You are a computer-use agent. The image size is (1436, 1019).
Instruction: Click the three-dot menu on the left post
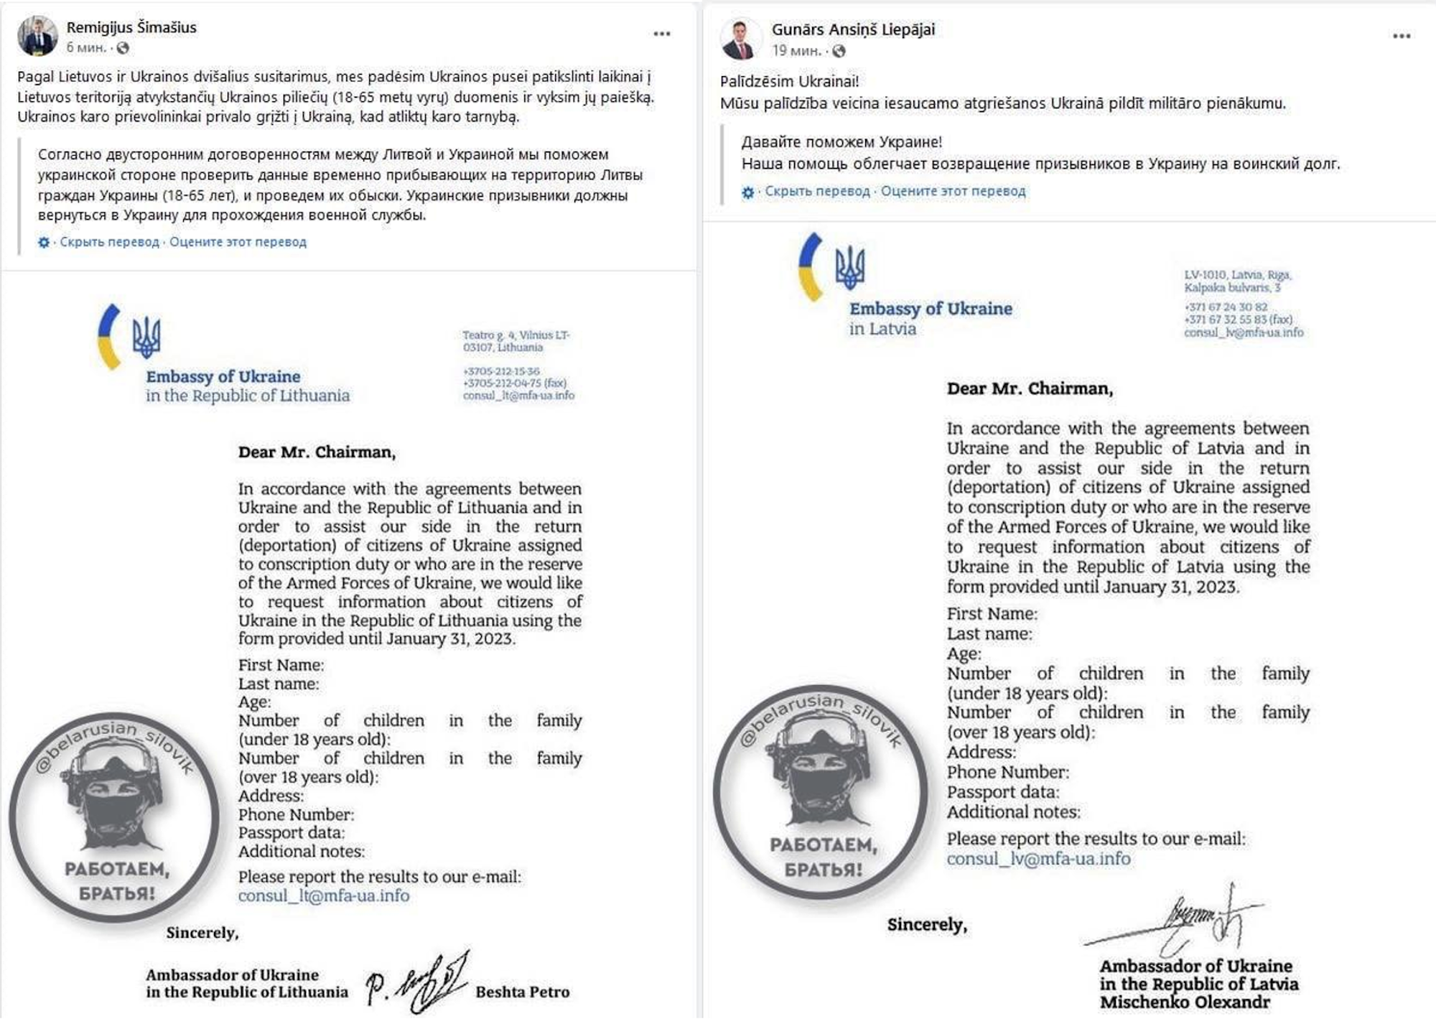(661, 34)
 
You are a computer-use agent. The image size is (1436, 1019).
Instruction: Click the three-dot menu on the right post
(1402, 36)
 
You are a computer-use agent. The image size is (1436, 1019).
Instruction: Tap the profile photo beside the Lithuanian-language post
(37, 36)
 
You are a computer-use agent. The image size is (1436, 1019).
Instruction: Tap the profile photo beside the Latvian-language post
(741, 39)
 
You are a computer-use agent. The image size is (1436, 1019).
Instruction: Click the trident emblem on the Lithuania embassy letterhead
(146, 337)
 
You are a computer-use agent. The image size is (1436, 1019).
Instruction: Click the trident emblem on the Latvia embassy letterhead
(850, 267)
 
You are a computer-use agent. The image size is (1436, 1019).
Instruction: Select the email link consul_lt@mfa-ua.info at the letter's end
(324, 895)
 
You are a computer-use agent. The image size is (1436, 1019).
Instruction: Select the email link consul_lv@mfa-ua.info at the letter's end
(1038, 859)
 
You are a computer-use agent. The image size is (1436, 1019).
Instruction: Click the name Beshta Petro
(522, 992)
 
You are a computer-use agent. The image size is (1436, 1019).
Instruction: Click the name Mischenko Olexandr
(1185, 1002)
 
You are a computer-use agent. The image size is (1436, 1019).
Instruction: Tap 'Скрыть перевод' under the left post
(109, 242)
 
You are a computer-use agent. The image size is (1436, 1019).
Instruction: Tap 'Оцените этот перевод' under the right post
(953, 191)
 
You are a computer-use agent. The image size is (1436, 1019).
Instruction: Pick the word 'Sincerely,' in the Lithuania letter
(202, 933)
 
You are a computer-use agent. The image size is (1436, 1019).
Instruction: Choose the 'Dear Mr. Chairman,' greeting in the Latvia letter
(1030, 388)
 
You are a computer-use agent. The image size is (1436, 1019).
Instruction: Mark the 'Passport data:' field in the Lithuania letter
(292, 833)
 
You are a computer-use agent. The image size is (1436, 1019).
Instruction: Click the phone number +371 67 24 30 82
(1226, 307)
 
